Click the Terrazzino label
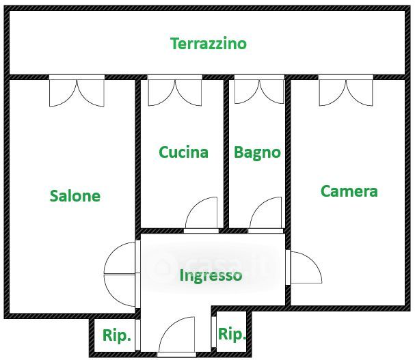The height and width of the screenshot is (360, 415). (209, 44)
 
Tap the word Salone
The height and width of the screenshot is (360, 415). (75, 196)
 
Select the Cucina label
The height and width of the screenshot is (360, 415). (183, 152)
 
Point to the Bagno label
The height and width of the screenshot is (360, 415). (257, 152)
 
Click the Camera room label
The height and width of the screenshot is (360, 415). (349, 191)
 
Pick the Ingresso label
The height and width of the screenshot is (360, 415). (211, 275)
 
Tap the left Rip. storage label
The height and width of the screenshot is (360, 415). (117, 335)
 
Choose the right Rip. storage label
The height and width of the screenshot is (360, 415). (232, 334)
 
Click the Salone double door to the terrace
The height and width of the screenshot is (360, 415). (77, 91)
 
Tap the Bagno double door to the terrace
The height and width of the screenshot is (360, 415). (259, 89)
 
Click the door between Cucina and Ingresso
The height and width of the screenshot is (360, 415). (201, 215)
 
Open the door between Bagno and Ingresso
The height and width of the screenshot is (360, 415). (265, 215)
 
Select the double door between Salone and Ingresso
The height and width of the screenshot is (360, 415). (122, 274)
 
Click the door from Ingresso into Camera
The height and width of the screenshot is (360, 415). (304, 267)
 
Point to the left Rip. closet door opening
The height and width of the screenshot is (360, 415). (137, 335)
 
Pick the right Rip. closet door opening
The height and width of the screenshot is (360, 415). (214, 332)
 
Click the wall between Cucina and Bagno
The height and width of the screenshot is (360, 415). (226, 154)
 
